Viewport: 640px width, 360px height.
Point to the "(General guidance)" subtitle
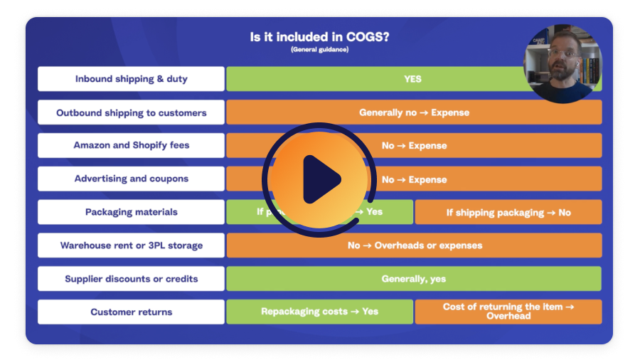click(319, 50)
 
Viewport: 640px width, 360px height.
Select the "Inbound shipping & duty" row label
click(131, 79)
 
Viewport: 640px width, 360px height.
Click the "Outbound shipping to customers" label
click(131, 112)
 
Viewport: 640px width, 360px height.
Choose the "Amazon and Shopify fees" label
click(131, 145)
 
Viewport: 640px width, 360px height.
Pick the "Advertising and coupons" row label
click(131, 179)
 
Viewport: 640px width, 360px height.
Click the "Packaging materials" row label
click(131, 212)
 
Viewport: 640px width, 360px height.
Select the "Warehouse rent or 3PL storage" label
click(131, 245)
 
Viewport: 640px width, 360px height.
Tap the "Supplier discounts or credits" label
click(131, 279)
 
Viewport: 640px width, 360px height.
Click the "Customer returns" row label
click(131, 312)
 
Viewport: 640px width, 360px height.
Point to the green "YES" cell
click(412, 79)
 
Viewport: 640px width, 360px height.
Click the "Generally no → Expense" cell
click(414, 112)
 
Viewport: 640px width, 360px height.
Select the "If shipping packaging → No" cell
click(508, 212)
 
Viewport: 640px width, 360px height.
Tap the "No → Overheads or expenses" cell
click(414, 245)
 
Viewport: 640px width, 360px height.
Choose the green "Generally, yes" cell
click(414, 279)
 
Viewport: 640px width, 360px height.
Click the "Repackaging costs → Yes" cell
click(319, 312)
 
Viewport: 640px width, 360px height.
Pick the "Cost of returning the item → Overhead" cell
click(508, 312)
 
